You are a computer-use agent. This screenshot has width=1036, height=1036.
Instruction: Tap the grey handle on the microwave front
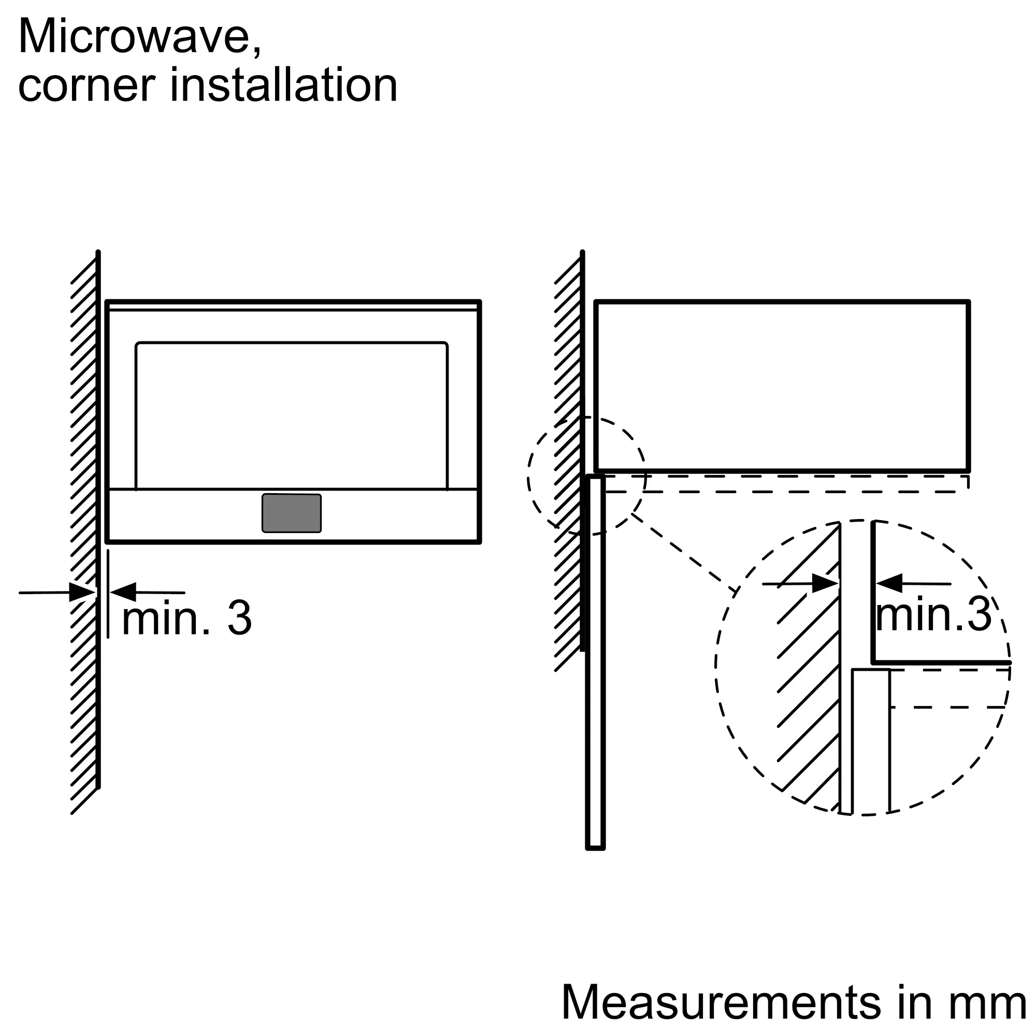(x=292, y=513)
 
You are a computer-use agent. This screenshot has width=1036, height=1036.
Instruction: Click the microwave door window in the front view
(x=292, y=415)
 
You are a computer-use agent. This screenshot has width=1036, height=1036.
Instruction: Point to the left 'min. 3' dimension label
(x=187, y=618)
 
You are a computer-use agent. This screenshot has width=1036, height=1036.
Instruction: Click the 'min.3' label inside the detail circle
(x=933, y=614)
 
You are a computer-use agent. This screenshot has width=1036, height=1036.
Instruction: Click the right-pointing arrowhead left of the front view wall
(x=82, y=593)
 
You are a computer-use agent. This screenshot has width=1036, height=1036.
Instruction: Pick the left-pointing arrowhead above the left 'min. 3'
(x=123, y=592)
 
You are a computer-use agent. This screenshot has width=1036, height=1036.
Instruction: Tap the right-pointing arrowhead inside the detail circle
(x=825, y=583)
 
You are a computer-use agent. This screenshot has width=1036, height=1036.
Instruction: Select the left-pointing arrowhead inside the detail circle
(x=889, y=583)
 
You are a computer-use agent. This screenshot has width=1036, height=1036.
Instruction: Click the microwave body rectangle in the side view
(x=782, y=386)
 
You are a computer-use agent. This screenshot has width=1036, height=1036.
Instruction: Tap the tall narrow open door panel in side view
(x=595, y=662)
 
